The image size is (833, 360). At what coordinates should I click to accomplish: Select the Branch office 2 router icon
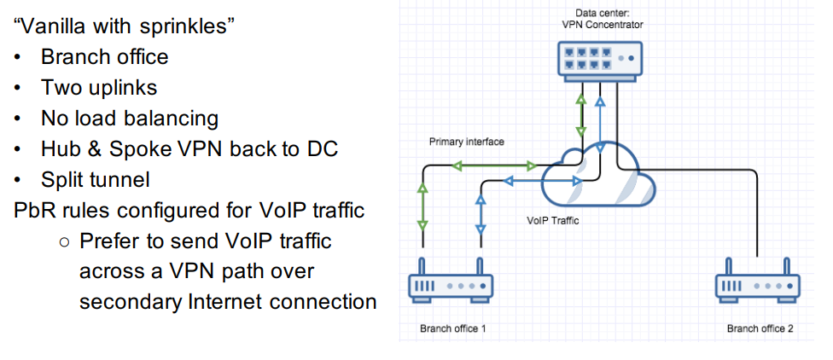click(757, 285)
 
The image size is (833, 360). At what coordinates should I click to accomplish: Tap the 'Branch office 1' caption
click(453, 328)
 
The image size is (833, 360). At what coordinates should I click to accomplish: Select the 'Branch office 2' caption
click(760, 328)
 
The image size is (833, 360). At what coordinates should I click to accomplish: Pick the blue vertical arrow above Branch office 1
click(480, 214)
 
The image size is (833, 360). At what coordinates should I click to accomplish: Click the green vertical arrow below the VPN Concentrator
click(581, 115)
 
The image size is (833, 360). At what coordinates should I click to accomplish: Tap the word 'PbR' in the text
click(35, 211)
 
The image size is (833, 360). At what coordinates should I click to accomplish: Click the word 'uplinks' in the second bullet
click(124, 87)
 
